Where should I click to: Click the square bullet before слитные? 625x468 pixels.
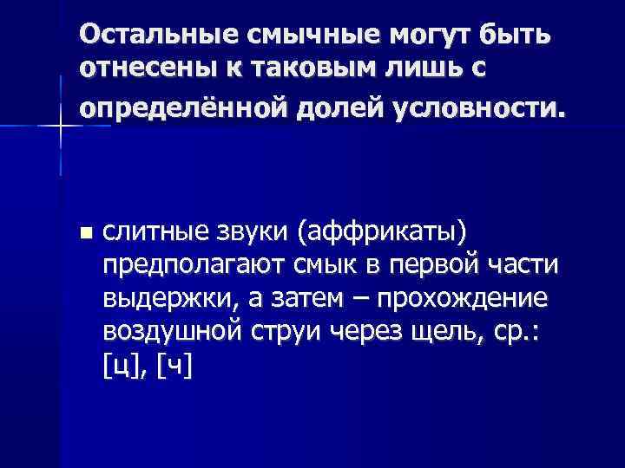pos(83,233)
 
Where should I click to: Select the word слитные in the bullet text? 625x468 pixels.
pos(151,232)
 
